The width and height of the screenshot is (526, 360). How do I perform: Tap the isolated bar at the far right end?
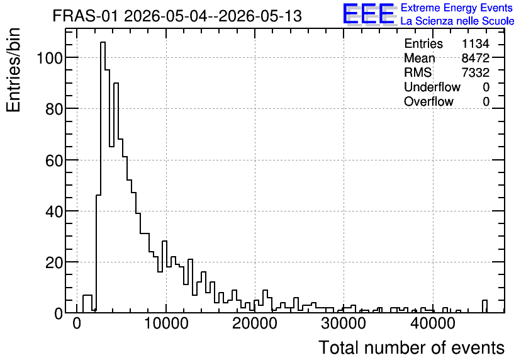[484, 307]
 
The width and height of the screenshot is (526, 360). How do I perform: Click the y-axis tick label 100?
[50, 58]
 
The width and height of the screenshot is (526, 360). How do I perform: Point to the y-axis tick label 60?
[54, 160]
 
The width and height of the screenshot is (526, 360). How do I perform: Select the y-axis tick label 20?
[54, 262]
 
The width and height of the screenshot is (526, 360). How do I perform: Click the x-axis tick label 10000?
[166, 323]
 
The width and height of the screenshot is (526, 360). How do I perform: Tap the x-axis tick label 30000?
[344, 323]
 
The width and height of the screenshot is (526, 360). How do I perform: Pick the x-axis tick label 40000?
[433, 323]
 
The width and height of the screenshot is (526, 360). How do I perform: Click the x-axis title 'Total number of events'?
[411, 347]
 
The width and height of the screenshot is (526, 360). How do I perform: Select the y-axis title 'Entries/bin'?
[14, 70]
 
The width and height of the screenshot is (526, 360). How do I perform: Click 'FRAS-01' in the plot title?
[86, 16]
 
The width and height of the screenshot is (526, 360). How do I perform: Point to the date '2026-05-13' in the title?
[260, 16]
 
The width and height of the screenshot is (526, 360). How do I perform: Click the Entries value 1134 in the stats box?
[475, 43]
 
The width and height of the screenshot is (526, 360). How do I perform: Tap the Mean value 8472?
[475, 58]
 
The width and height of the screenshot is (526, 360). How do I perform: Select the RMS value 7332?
[475, 72]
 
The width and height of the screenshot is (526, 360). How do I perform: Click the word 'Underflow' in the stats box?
[432, 87]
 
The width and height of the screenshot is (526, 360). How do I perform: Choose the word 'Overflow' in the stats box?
[428, 101]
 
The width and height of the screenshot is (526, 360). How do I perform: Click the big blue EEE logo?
[369, 14]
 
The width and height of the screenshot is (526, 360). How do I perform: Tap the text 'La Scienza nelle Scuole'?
[457, 21]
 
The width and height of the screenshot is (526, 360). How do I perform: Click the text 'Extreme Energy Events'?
[457, 8]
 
